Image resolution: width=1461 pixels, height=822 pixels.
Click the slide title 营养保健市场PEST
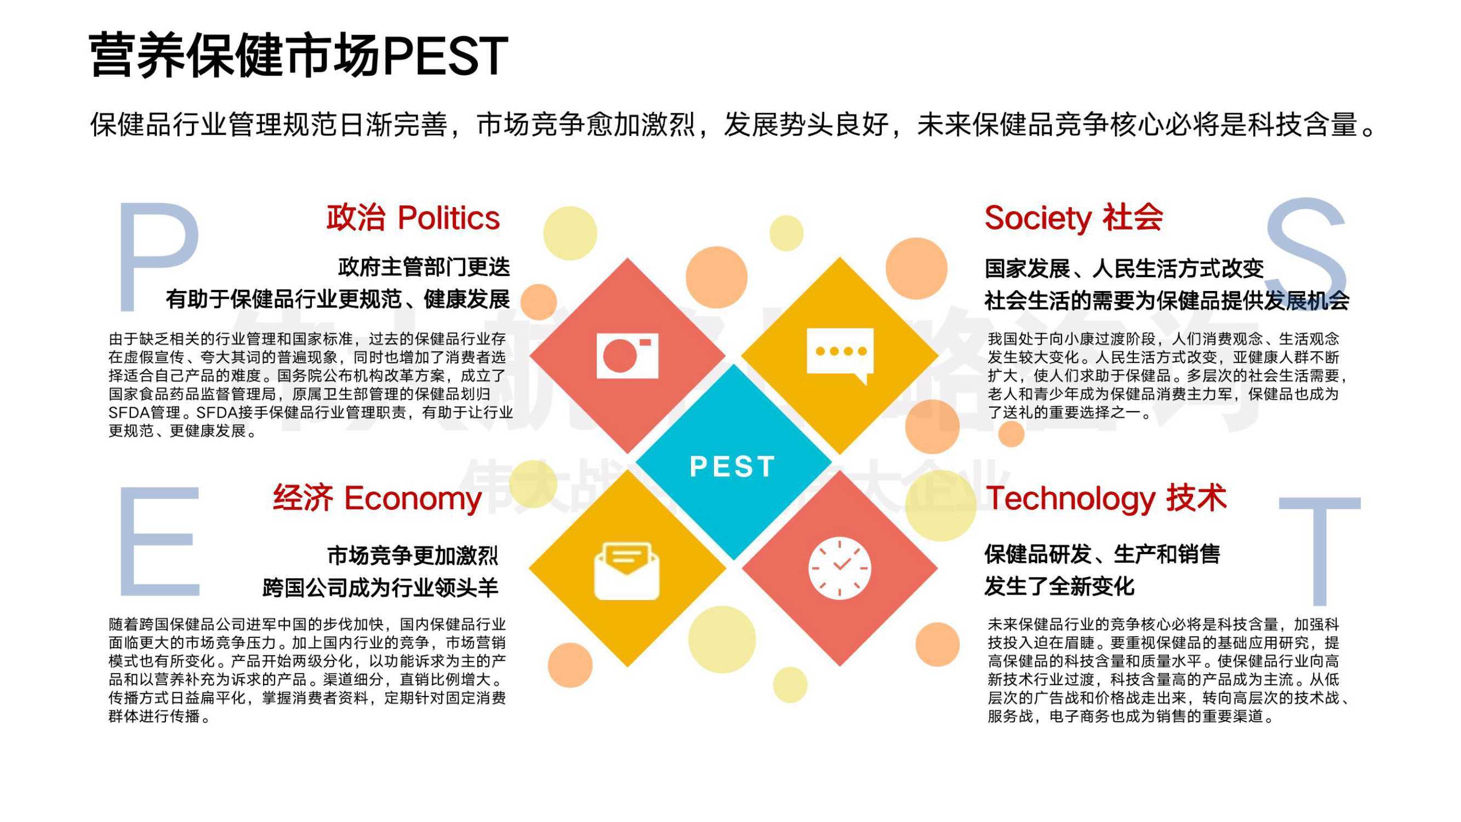pos(298,55)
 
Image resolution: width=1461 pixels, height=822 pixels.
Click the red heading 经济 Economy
pos(377,498)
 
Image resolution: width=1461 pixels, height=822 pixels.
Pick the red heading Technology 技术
pos(1106,498)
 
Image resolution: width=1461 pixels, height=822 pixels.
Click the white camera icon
pos(627,356)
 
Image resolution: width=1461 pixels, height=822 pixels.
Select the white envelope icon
pos(627,571)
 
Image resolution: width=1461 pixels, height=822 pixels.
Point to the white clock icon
pos(840,568)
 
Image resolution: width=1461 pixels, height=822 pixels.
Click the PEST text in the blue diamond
pos(732,467)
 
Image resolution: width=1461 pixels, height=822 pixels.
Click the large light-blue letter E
pos(159,541)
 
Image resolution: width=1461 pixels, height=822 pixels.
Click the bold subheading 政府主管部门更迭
pos(424,267)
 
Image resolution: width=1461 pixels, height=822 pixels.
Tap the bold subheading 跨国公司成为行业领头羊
pos(380,587)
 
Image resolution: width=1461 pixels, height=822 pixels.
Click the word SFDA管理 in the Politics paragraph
pos(145,413)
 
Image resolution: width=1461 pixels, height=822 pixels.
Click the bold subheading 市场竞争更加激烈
pos(413,555)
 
